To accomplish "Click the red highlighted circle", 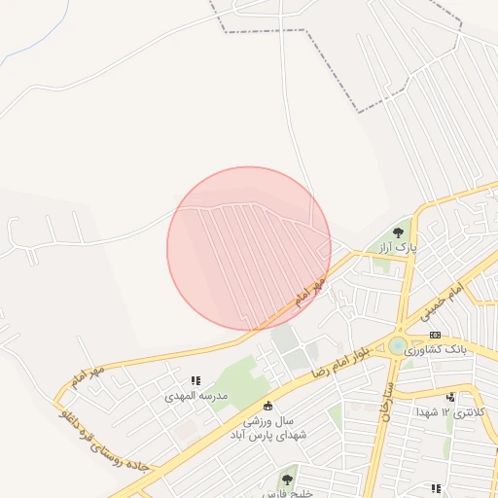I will pos(249,248).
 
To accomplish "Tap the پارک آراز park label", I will pos(399,247).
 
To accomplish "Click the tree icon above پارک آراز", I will pos(399,231).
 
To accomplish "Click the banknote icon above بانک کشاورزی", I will pos(435,334).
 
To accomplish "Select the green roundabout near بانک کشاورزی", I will pos(398,345).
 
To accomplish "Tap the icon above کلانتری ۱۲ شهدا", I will pos(450,397).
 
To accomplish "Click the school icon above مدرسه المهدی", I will pos(196,381).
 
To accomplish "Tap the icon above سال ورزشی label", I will pos(268,406).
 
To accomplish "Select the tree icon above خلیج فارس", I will pos(287,480).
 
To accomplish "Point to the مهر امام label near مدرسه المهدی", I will pos(87,373).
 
